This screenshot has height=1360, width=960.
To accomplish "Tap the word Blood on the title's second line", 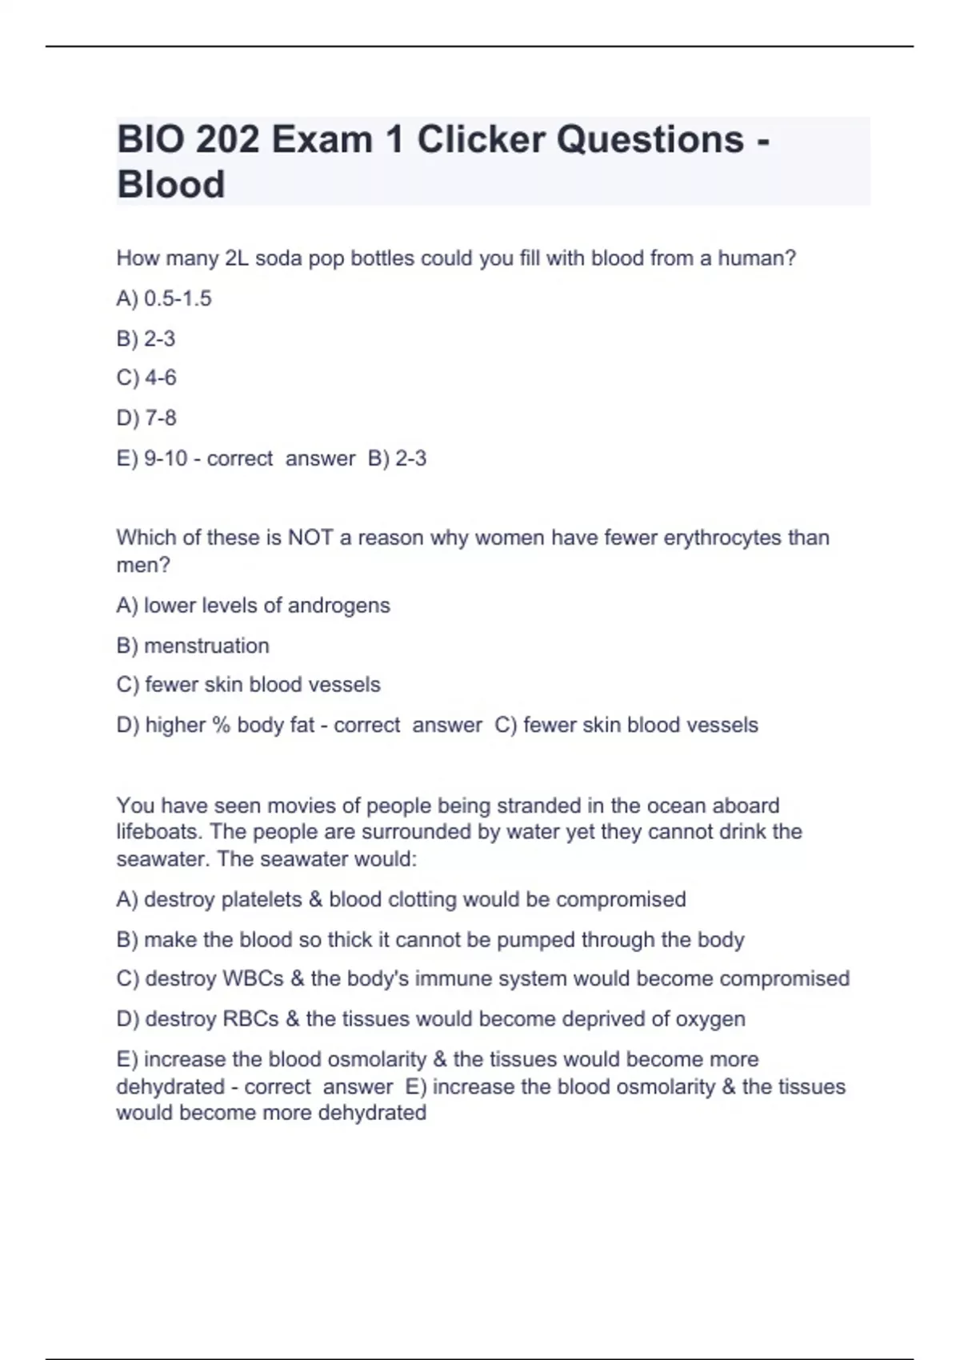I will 170,185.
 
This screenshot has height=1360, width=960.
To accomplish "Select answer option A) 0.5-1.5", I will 164,298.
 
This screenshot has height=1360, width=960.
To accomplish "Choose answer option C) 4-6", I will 146,378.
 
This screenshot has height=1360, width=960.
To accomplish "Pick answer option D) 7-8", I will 146,418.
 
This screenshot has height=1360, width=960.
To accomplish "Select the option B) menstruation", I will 193,646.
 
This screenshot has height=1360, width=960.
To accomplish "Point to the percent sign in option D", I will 221,726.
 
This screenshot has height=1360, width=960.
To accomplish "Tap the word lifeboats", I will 159,832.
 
